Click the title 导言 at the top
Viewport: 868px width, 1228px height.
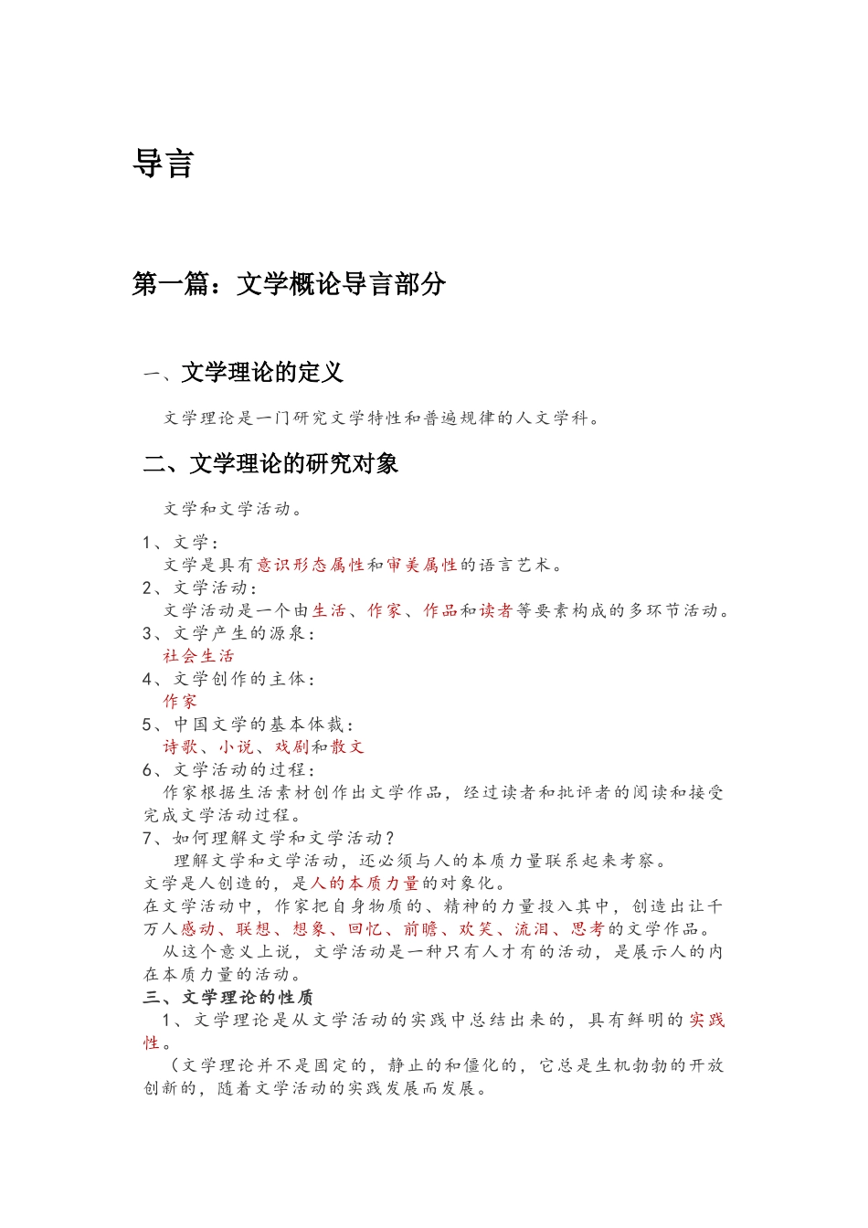pyautogui.click(x=163, y=164)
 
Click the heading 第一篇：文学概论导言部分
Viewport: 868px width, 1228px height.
pyautogui.click(x=289, y=284)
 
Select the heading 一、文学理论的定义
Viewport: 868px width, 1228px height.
pyautogui.click(x=243, y=373)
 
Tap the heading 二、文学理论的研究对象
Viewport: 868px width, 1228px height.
pyautogui.click(x=270, y=464)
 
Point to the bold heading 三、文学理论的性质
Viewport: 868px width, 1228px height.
pyautogui.click(x=228, y=997)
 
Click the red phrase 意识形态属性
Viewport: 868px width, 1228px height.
pyautogui.click(x=311, y=565)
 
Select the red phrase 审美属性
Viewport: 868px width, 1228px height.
pyautogui.click(x=421, y=565)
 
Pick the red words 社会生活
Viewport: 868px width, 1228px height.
pyautogui.click(x=199, y=655)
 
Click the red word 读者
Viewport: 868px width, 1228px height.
pyautogui.click(x=496, y=610)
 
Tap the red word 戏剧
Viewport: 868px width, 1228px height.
pyautogui.click(x=291, y=746)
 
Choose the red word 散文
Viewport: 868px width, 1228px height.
pyautogui.click(x=347, y=746)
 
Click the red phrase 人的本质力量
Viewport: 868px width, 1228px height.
pyautogui.click(x=365, y=883)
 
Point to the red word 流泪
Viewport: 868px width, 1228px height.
pyautogui.click(x=532, y=928)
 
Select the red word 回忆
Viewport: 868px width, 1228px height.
pyautogui.click(x=365, y=928)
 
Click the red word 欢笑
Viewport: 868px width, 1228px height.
pyautogui.click(x=476, y=928)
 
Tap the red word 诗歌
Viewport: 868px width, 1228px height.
pyautogui.click(x=180, y=746)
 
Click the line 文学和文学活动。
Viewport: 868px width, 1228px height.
pyautogui.click(x=234, y=509)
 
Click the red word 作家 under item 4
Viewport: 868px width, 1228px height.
pyautogui.click(x=180, y=701)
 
